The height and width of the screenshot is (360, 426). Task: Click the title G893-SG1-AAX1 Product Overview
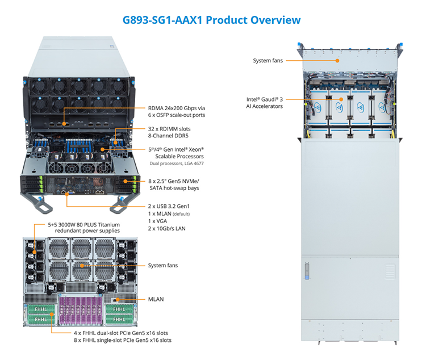212,20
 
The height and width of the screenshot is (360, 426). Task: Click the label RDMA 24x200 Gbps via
176,108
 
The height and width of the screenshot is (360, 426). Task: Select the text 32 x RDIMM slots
169,129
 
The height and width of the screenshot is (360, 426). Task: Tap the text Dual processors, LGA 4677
177,164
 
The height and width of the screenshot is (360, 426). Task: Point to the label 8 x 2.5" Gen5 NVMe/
174,181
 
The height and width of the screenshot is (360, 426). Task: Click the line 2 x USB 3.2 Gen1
169,206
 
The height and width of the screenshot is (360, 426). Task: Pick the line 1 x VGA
157,221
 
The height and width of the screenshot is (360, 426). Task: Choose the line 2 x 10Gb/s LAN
167,228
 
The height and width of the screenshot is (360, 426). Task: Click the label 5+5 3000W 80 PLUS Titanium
83,225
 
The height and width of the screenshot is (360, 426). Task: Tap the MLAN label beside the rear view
156,299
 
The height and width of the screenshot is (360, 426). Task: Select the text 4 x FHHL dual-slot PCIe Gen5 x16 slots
121,333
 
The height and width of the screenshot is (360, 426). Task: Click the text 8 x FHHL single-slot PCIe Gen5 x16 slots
123,340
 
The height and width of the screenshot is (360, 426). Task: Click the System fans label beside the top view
268,60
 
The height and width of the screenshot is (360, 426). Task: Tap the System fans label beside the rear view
163,265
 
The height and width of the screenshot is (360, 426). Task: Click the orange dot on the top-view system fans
337,61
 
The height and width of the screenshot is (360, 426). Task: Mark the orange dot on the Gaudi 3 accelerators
341,99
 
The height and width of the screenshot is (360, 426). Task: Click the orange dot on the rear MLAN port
118,299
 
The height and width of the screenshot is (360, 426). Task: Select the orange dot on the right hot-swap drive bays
126,181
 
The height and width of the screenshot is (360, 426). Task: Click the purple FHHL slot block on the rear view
81,310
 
